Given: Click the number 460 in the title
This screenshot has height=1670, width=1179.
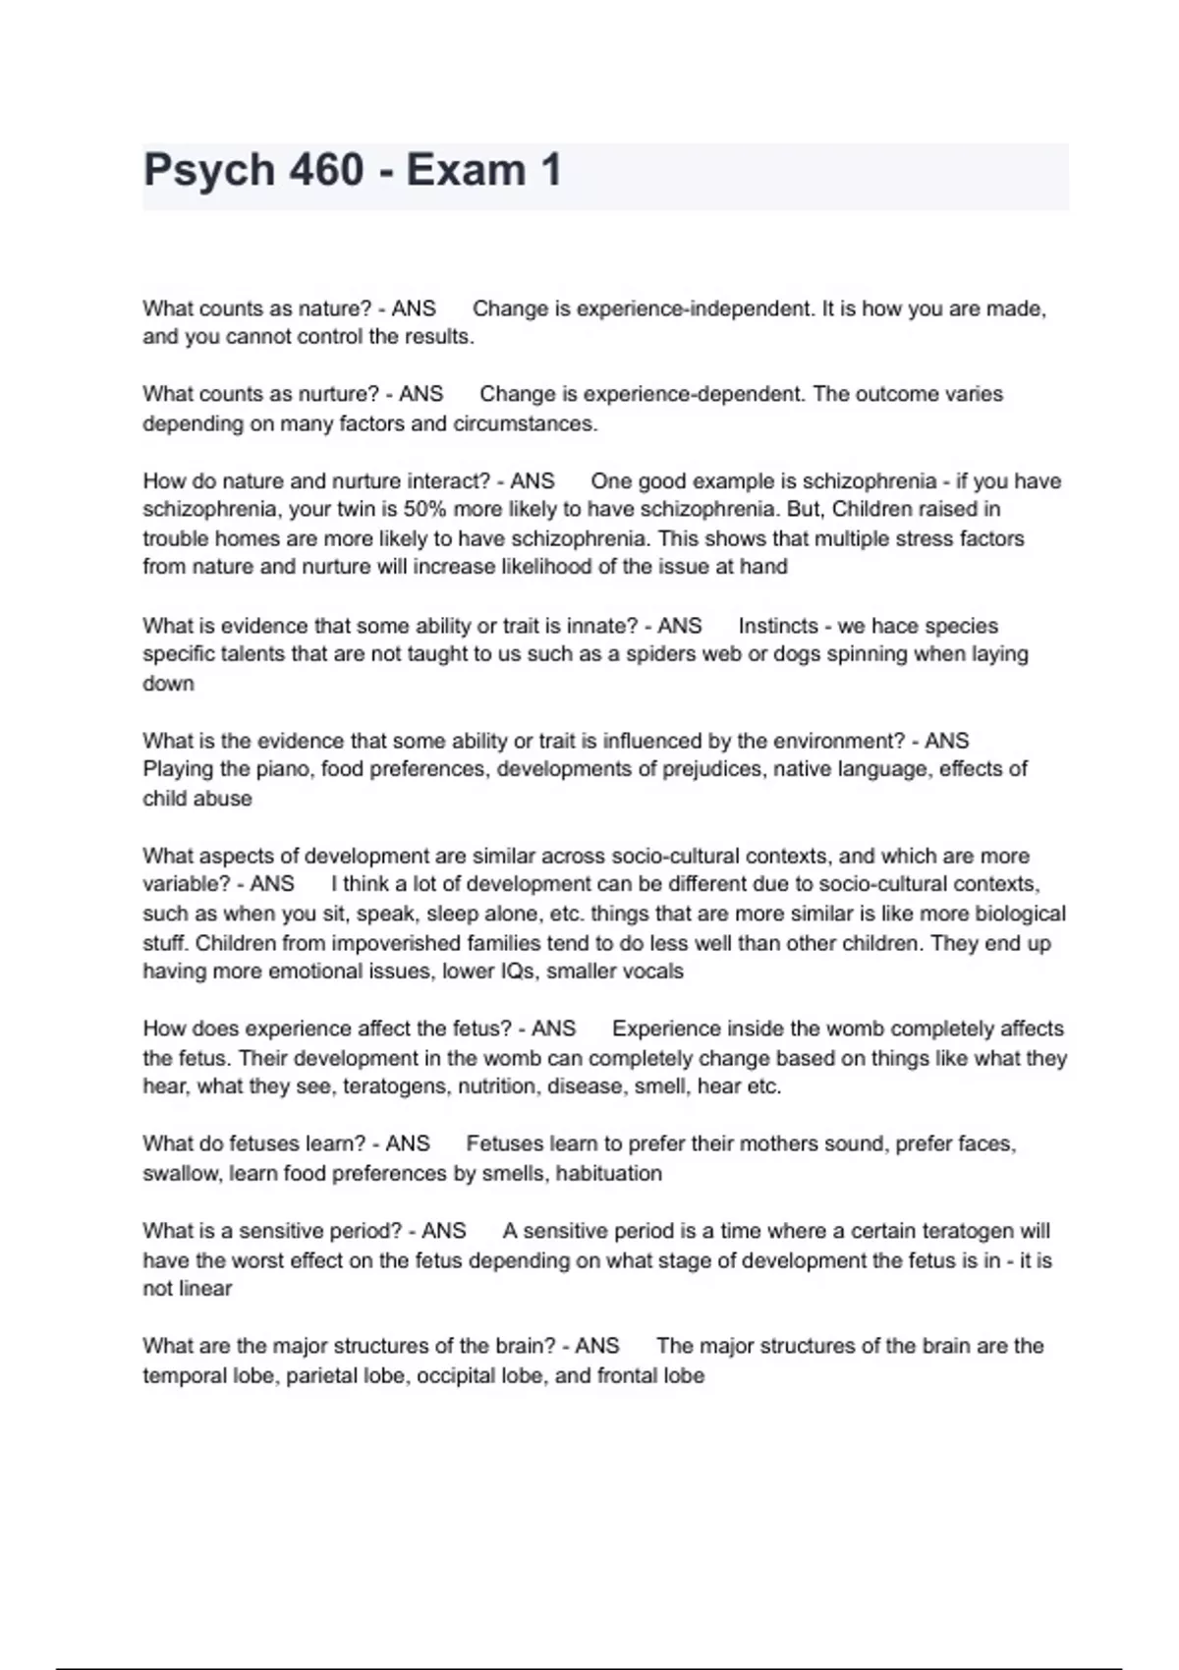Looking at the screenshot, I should (x=325, y=170).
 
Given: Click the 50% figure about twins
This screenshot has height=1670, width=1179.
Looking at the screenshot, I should (x=424, y=510).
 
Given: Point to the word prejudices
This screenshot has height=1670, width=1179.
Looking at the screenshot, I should (x=712, y=769).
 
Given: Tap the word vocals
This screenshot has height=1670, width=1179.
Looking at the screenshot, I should (x=648, y=972).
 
